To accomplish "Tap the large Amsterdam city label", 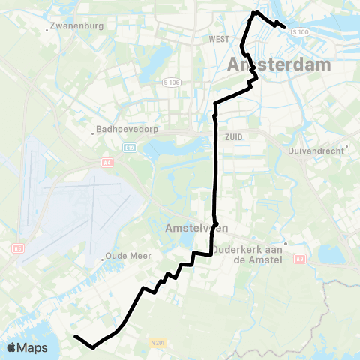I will (278, 65).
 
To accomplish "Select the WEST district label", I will (219, 39).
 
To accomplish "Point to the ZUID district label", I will (232, 137).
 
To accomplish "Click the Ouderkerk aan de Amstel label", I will (247, 254).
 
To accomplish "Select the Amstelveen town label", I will (191, 226).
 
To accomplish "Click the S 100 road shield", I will (300, 31).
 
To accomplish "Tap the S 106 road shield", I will (170, 81).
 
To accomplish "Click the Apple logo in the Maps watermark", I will (12, 347).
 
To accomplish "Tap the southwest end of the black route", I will (76, 337).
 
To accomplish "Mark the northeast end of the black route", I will (285, 28).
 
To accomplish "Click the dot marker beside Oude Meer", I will (103, 259).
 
